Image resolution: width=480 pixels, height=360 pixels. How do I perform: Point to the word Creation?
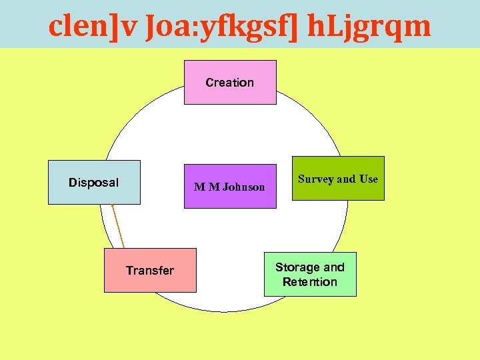click(x=230, y=83)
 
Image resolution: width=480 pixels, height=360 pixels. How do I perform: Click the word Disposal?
click(x=94, y=183)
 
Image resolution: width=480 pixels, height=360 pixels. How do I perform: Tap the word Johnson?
click(x=243, y=187)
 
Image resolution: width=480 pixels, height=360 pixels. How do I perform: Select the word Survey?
click(x=316, y=179)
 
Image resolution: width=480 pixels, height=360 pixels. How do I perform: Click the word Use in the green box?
click(x=369, y=179)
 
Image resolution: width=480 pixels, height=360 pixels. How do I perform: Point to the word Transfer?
click(x=150, y=270)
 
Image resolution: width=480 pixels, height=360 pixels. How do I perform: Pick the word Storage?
click(x=298, y=267)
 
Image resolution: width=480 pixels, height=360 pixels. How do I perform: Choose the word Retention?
click(x=310, y=282)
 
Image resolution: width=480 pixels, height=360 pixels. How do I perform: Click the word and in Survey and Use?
click(x=346, y=179)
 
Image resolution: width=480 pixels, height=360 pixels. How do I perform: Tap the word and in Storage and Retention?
click(x=334, y=267)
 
